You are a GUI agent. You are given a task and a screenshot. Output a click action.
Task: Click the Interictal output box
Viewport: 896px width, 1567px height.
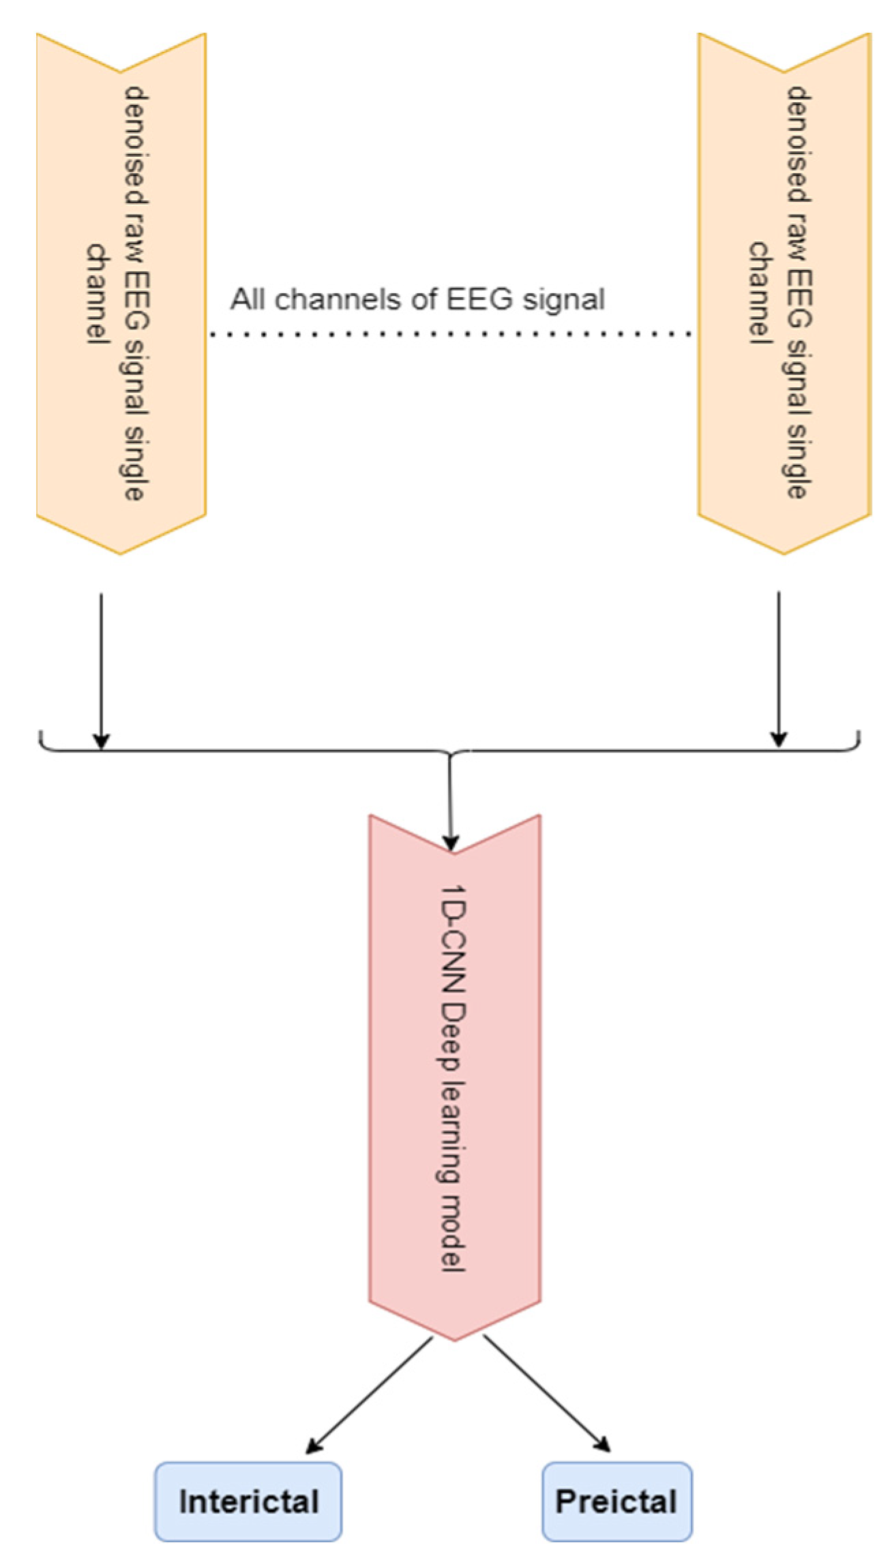[248, 1502]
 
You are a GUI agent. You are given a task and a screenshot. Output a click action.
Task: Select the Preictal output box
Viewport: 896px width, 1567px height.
[616, 1502]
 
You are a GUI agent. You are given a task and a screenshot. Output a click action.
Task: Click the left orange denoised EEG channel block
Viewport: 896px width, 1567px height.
[121, 293]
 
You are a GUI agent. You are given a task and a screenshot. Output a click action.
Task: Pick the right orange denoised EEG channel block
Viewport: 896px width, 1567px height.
[784, 293]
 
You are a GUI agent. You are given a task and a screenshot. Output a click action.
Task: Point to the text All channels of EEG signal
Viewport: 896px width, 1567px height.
[417, 299]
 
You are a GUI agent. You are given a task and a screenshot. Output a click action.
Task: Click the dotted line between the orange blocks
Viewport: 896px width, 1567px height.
[450, 334]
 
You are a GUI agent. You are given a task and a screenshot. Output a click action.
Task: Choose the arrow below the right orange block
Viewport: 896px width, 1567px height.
[779, 668]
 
